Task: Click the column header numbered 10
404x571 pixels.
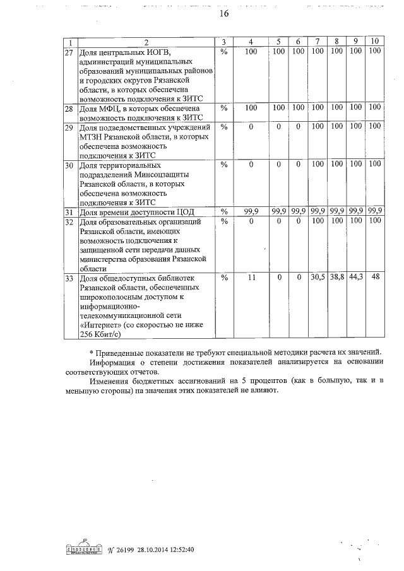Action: point(374,42)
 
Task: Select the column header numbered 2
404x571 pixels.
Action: point(146,42)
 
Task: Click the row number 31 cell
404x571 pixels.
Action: point(69,211)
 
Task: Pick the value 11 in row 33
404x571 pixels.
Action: point(251,278)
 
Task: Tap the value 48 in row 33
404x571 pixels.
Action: point(375,278)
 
